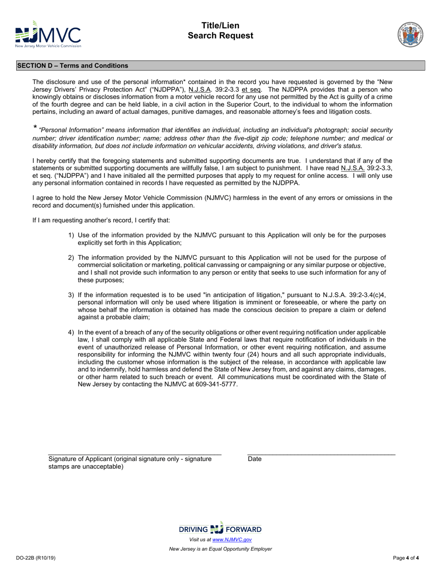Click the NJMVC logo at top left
pos(48,34)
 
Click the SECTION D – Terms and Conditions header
pos(73,66)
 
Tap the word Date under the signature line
pos(255,459)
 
